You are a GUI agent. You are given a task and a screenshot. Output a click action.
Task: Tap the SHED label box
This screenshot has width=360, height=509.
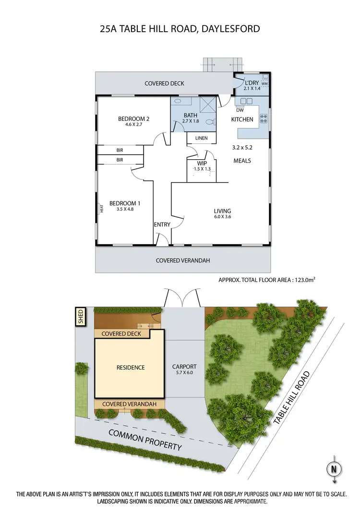[x=80, y=317]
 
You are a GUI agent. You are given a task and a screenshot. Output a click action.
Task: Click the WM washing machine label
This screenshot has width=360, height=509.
[x=264, y=84]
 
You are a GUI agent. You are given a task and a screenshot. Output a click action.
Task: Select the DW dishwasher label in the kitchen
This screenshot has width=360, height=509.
[x=240, y=109]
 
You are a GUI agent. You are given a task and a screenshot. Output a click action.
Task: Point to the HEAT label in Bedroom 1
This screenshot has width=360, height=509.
[x=101, y=209]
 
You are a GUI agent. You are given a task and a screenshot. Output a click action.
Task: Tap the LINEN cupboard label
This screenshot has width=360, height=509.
[x=201, y=138]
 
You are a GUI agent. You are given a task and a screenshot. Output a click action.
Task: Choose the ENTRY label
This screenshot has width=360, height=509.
[x=162, y=225]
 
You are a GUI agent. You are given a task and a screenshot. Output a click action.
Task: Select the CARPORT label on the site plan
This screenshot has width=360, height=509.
[x=184, y=367]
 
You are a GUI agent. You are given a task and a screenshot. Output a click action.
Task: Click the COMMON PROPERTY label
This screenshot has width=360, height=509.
[x=145, y=440]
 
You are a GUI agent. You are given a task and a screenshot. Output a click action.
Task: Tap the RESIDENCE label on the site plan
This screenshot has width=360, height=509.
[x=131, y=367]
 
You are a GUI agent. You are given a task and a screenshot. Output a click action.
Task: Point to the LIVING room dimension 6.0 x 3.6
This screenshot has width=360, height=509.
[x=223, y=217]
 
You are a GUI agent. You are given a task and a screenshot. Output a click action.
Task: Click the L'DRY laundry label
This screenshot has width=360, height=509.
[x=252, y=83]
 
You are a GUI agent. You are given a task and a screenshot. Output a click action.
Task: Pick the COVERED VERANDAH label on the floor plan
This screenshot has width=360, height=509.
[x=183, y=260]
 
